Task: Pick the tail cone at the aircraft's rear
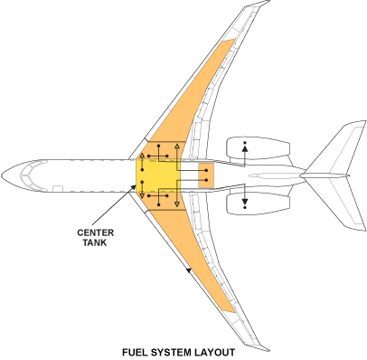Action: pos(360,174)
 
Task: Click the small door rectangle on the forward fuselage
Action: pos(56,188)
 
